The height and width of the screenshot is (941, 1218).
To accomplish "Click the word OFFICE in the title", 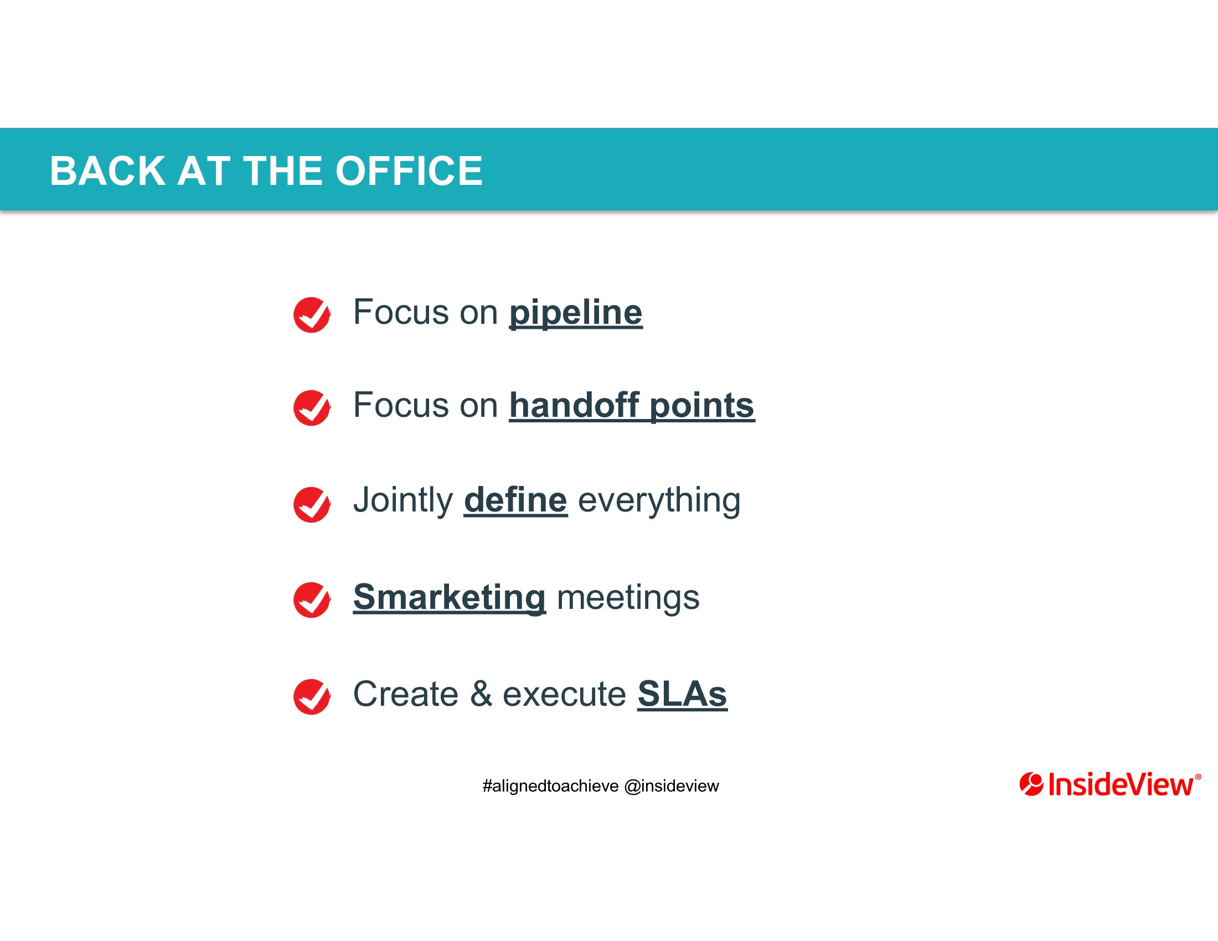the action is click(409, 170).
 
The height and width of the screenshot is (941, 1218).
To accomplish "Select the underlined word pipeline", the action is click(576, 313).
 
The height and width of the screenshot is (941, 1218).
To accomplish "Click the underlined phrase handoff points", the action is click(632, 405).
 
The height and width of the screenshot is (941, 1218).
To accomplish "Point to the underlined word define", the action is click(515, 500).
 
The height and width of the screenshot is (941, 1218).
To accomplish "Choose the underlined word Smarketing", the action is click(450, 598).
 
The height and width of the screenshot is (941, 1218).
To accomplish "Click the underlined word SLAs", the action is click(682, 694).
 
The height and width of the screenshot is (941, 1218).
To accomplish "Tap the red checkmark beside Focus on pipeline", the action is click(312, 314).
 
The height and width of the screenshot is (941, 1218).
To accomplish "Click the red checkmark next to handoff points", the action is click(312, 407).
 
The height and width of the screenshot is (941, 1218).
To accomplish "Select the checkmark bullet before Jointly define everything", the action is click(312, 504).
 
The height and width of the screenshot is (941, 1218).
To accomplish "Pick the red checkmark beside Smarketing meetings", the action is click(312, 600).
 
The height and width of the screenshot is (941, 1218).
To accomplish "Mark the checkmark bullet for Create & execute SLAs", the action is click(312, 696).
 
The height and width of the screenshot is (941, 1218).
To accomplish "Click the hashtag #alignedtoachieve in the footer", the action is click(550, 786).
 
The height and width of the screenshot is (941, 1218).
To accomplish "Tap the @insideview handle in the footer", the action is click(672, 786).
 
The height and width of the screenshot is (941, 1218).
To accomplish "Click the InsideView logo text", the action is click(1121, 784).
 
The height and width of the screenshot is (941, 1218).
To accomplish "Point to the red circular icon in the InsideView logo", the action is click(1031, 784).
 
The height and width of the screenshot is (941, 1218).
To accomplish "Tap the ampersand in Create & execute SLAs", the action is click(481, 694).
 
